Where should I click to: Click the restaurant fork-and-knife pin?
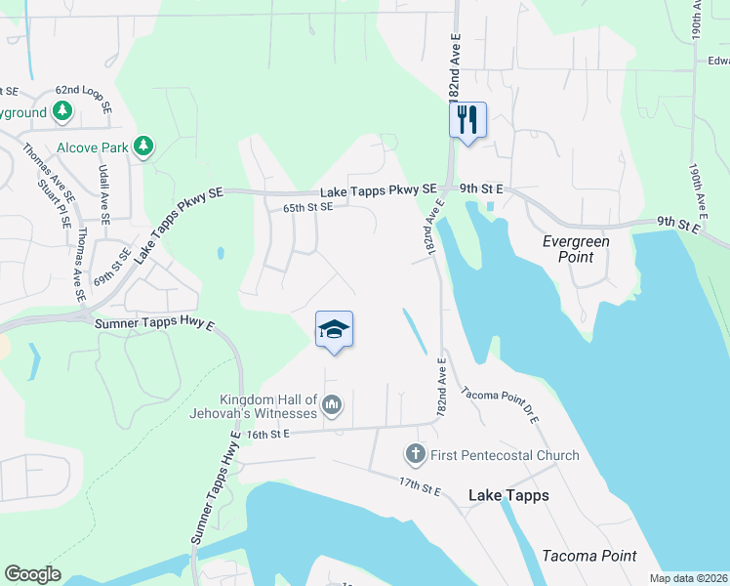pyautogui.click(x=467, y=120)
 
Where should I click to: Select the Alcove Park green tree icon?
pyautogui.click(x=143, y=146)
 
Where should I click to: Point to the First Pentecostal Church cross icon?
pyautogui.click(x=415, y=454)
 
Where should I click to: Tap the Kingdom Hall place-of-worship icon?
pyautogui.click(x=332, y=403)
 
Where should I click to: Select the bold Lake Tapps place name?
pyautogui.click(x=508, y=495)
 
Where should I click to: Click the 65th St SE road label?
pyautogui.click(x=307, y=207)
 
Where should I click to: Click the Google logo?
pyautogui.click(x=32, y=574)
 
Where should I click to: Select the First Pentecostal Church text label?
pyautogui.click(x=506, y=455)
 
